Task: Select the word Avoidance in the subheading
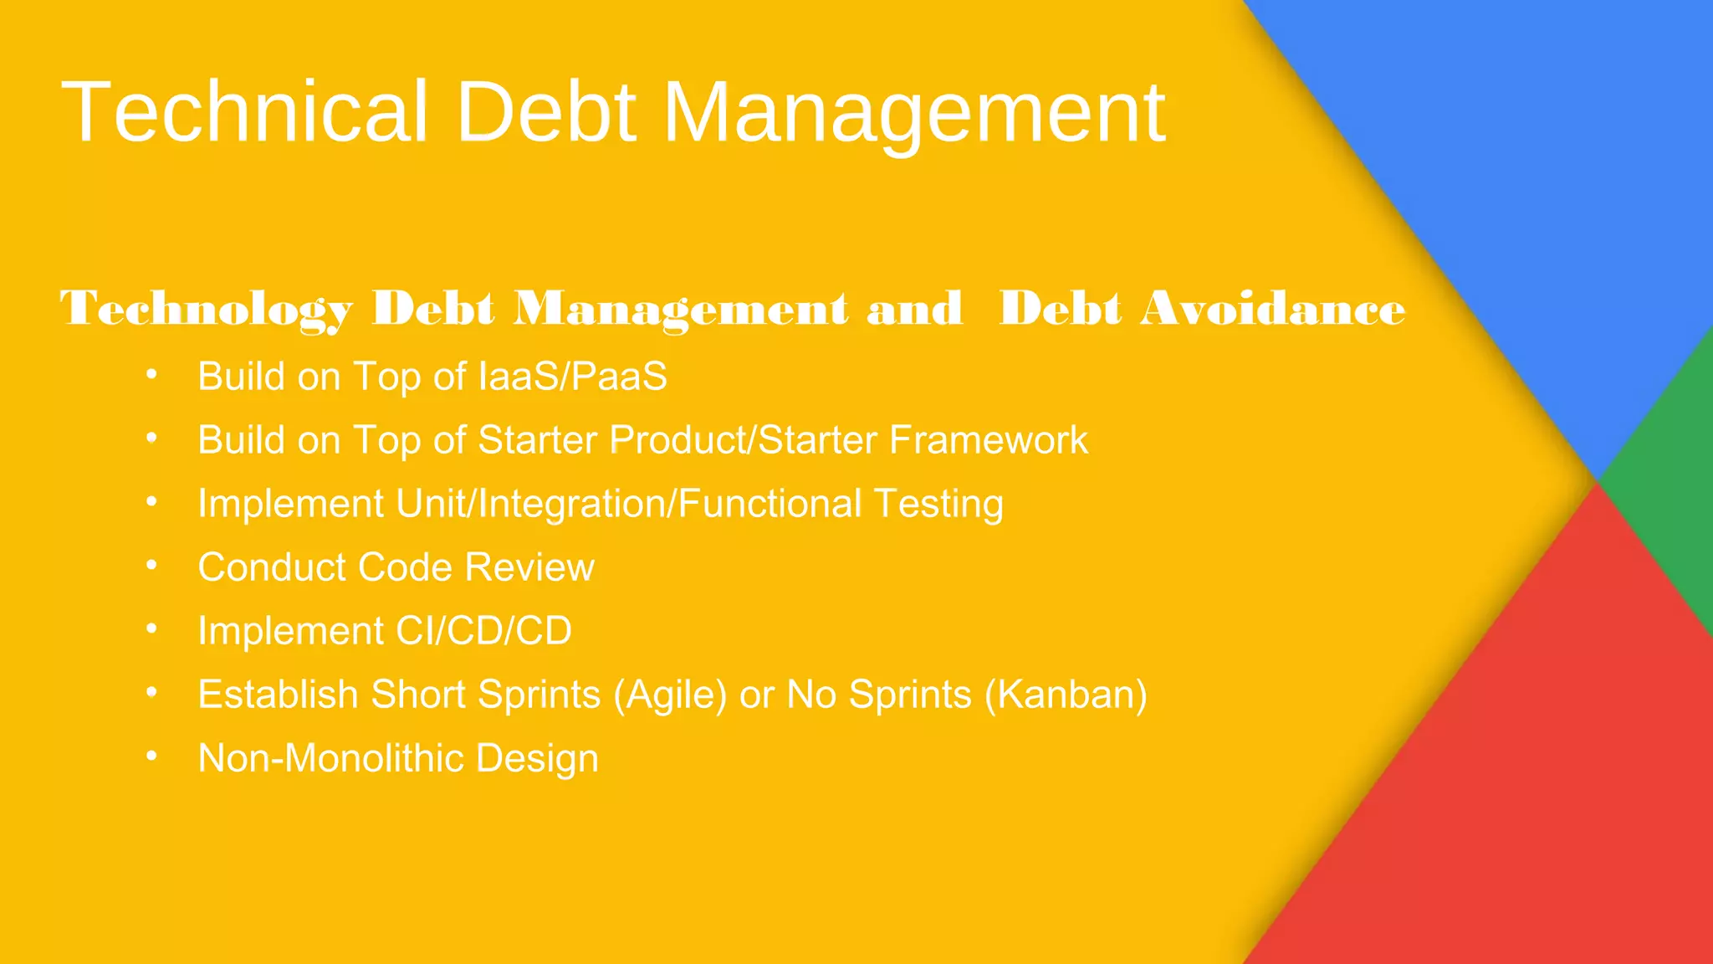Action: tap(1272, 308)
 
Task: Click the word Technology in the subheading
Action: tap(206, 310)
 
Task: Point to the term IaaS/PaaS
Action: tap(572, 377)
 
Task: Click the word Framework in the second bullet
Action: tap(988, 440)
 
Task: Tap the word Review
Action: tap(529, 567)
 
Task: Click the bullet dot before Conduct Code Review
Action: tap(151, 566)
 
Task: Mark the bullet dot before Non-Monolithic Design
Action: tap(151, 756)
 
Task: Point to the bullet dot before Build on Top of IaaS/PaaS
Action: tap(151, 374)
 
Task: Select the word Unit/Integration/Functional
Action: tap(628, 504)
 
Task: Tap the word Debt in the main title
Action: tap(545, 112)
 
